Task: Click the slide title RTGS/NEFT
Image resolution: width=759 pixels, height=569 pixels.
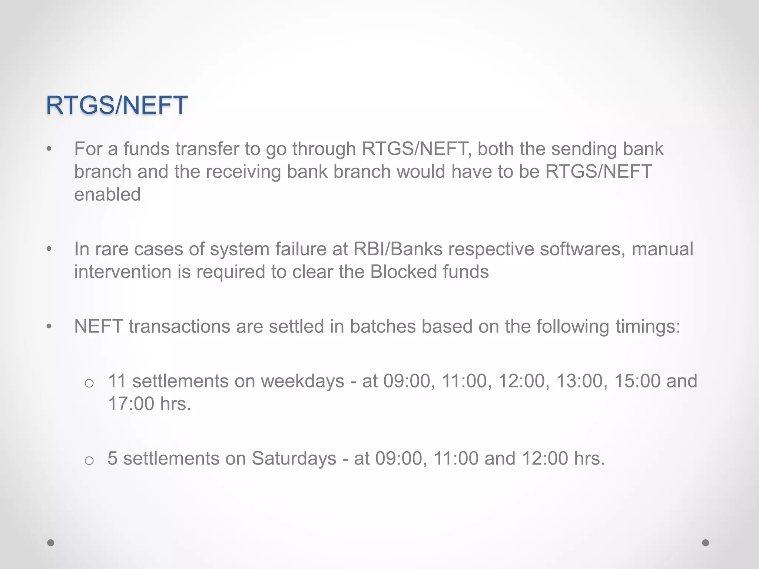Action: coord(116,105)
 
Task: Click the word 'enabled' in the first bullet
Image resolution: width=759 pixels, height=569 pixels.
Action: coord(107,194)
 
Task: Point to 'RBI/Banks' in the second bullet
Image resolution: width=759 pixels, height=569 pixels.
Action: coord(398,249)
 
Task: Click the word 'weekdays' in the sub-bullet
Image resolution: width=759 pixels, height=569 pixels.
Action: coord(302,381)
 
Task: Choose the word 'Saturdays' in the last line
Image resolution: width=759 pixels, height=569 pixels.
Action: coord(294,459)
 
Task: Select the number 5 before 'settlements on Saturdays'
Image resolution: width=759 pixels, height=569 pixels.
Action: coord(112,459)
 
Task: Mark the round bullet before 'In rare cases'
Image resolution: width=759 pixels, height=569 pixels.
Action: coord(49,249)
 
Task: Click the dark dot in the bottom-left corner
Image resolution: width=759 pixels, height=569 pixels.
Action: coord(51,543)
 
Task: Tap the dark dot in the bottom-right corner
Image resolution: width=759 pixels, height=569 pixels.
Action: coord(706,543)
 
